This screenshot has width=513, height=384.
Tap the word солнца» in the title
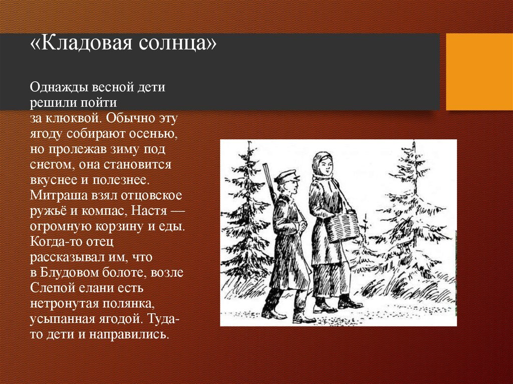pyautogui.click(x=177, y=44)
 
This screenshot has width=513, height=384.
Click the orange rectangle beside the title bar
pyautogui.click(x=479, y=72)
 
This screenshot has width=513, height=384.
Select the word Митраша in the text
pyautogui.click(x=59, y=195)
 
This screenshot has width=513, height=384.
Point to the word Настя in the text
pyautogui.click(x=149, y=211)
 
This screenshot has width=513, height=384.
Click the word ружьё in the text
pyautogui.click(x=49, y=211)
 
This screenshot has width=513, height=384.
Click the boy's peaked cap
pyautogui.click(x=287, y=176)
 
